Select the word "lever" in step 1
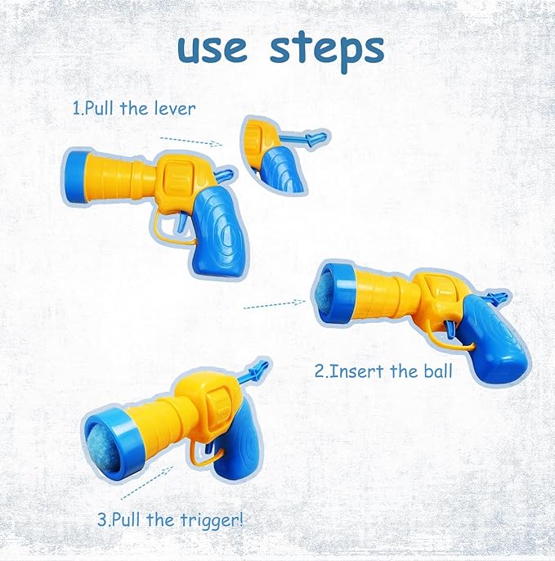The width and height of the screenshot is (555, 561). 173,107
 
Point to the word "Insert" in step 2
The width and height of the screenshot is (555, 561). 367,370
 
